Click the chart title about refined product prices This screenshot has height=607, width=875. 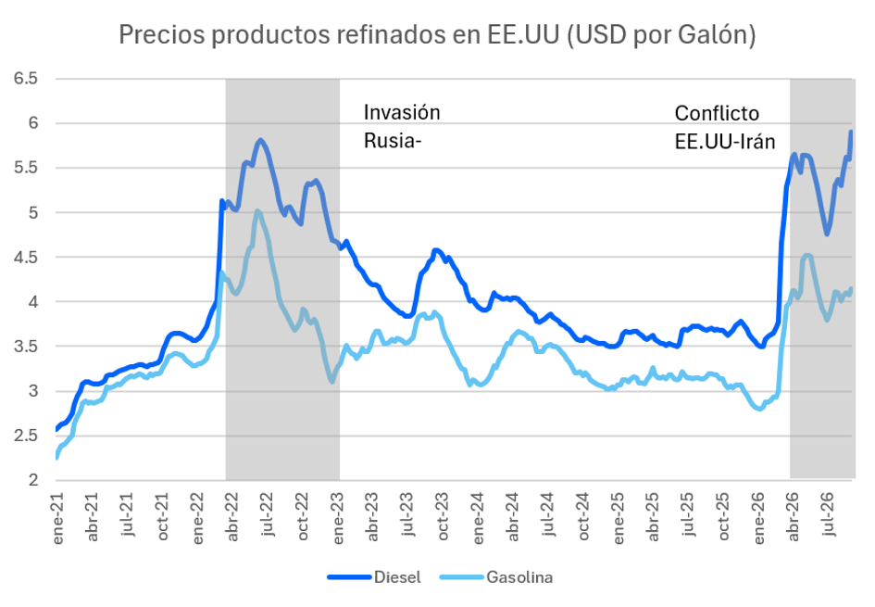click(437, 35)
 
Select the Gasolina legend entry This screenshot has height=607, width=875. click(496, 576)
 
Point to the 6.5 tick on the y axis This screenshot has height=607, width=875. click(26, 78)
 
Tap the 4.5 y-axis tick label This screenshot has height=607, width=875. click(26, 257)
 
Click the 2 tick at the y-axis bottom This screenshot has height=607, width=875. click(33, 480)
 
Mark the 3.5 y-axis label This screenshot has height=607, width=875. click(26, 347)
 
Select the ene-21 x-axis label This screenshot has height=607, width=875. click(57, 518)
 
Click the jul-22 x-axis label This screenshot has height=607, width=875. click(268, 514)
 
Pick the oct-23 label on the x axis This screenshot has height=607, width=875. click(444, 516)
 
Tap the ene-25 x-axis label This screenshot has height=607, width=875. click(619, 518)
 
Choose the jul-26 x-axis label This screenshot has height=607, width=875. click(829, 514)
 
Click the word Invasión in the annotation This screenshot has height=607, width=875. click(402, 113)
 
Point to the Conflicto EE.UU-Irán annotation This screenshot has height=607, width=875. click(725, 127)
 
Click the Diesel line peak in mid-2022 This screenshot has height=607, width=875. click(260, 140)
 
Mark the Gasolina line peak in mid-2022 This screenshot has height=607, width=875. click(256, 211)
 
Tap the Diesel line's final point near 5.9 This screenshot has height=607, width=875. click(851, 132)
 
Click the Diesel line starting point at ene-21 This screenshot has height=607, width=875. click(56, 429)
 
